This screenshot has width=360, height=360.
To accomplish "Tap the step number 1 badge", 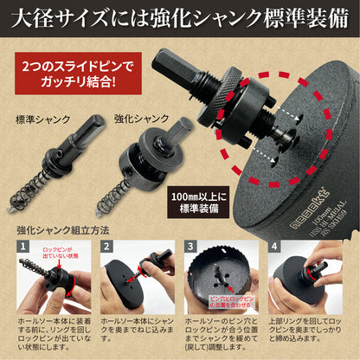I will click(22, 248).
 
